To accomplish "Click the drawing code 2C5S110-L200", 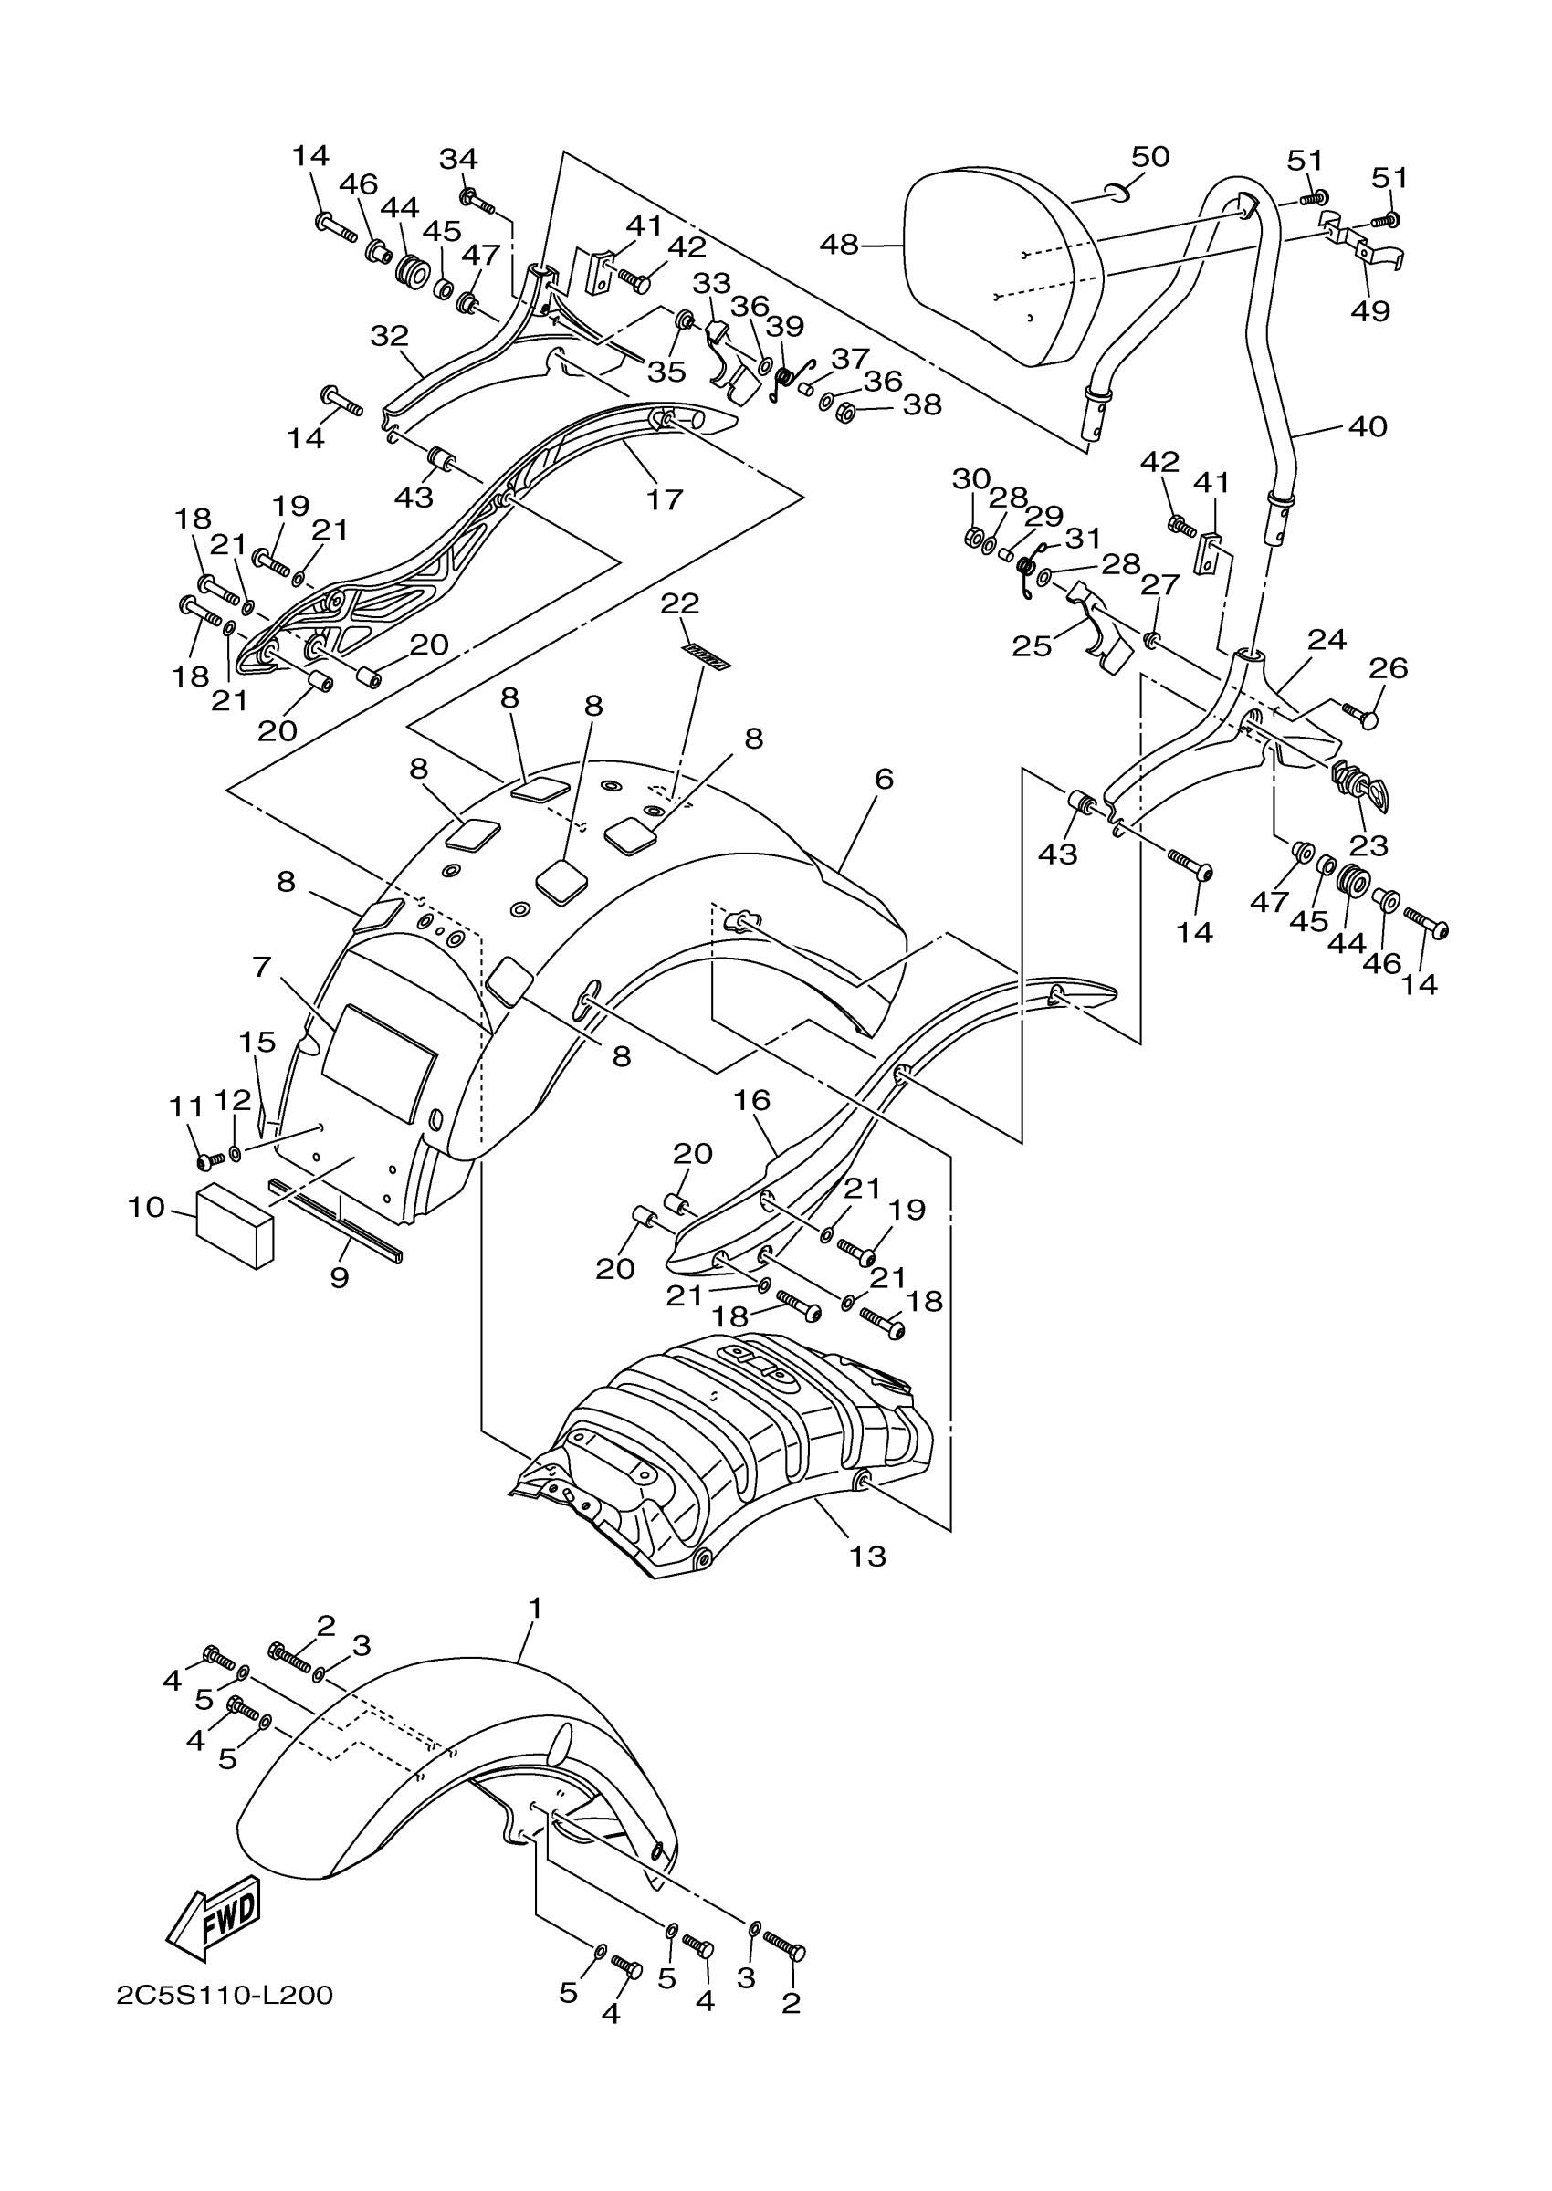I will point(225,1996).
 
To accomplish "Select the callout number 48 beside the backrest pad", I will point(839,245).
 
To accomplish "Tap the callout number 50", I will point(1150,157).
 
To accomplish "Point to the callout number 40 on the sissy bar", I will point(1367,426).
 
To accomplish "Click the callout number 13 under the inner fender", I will point(867,1557).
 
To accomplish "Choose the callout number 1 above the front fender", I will point(535,1609).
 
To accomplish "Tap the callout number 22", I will point(679,603).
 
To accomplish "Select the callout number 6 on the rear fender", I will point(884,780).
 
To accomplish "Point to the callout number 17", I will point(665,498).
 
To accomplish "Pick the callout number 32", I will point(389,335).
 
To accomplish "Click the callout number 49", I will point(1370,310).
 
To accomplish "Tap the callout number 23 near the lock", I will point(1368,844).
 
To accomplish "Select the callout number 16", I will point(752,1101).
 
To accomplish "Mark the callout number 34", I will point(458,158).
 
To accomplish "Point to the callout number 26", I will point(1388,668).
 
